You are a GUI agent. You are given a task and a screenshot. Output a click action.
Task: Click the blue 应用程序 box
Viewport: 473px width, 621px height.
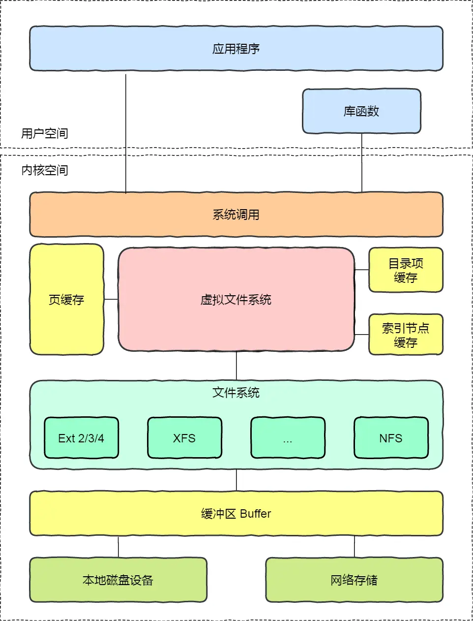click(236, 49)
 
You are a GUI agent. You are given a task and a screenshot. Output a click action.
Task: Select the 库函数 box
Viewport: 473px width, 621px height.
click(361, 111)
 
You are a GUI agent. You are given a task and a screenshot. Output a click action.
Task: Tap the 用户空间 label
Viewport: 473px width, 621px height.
click(44, 133)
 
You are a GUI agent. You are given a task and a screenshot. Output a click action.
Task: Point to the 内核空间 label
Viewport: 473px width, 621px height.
click(44, 170)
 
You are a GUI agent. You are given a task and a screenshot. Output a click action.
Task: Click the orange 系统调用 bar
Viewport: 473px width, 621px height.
click(236, 215)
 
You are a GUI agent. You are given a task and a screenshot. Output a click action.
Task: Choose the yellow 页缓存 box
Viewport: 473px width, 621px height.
click(66, 300)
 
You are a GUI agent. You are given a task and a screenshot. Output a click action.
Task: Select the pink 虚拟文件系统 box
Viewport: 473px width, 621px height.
click(236, 300)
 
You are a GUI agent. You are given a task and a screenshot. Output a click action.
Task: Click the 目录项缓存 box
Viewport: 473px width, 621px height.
click(406, 270)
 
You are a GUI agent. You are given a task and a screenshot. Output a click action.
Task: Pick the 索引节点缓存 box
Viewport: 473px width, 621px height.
click(406, 335)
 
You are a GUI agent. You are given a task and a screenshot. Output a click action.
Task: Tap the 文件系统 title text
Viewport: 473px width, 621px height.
click(236, 393)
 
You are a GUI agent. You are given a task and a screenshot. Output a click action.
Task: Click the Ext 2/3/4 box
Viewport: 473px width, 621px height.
click(81, 438)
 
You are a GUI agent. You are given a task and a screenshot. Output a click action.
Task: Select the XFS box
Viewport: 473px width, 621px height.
click(184, 438)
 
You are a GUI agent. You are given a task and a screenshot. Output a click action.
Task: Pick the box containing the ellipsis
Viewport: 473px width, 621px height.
click(288, 438)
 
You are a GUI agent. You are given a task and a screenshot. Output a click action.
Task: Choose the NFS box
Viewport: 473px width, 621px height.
click(391, 438)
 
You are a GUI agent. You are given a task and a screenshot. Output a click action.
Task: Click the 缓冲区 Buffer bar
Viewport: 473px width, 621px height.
click(236, 513)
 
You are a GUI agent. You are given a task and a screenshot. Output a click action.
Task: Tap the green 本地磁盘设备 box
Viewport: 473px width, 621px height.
click(118, 580)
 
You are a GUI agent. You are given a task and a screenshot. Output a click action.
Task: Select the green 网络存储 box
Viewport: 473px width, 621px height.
click(354, 580)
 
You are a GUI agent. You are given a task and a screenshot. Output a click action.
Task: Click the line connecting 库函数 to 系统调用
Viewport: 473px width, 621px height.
click(362, 162)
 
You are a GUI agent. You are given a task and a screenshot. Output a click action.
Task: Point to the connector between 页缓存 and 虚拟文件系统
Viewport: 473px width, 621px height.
click(111, 299)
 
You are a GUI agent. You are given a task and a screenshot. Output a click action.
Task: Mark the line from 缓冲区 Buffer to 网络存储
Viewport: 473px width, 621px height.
click(355, 547)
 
